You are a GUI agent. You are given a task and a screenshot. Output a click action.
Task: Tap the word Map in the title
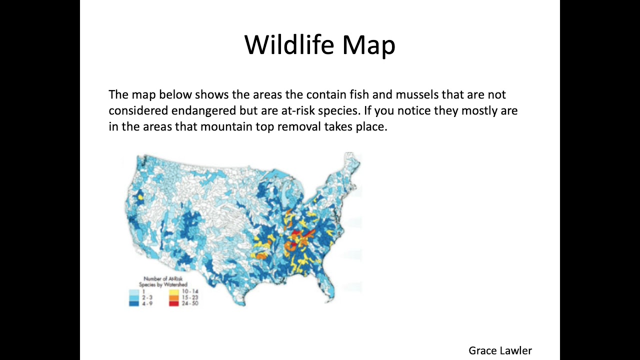[x=369, y=45]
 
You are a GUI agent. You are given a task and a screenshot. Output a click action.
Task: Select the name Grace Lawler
[x=500, y=350]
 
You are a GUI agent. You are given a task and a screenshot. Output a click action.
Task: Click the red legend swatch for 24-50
[x=173, y=303]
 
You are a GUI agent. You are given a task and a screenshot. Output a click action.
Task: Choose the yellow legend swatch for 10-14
[x=173, y=292]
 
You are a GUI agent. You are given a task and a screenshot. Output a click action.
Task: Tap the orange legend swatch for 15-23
[x=173, y=297]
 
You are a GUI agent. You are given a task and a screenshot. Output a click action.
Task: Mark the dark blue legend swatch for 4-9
[x=133, y=303]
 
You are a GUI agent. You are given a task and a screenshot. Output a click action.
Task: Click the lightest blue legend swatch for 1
[x=133, y=292]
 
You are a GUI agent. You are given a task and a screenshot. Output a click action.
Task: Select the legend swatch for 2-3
[x=133, y=297]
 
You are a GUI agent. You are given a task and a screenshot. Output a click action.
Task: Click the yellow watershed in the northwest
[x=140, y=197]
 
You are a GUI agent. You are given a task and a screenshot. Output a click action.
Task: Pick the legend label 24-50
[x=190, y=303]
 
